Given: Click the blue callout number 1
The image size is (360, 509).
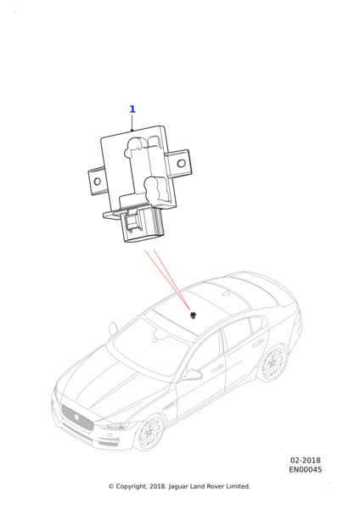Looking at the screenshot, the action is tap(132, 109).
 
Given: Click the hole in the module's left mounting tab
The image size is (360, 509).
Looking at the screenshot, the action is tap(97, 182).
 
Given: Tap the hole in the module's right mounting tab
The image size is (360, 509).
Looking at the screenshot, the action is tap(182, 163).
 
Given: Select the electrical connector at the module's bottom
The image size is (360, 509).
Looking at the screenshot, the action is tap(143, 226).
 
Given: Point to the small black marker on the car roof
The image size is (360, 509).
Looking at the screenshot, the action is tap(194, 315).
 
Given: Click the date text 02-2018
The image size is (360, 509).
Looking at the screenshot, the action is tap(305, 461).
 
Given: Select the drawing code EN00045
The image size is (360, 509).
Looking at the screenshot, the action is tap(306, 470).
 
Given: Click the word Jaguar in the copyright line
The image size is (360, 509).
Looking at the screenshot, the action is tap(178, 487).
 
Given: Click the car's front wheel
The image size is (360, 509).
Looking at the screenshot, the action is tap(150, 433).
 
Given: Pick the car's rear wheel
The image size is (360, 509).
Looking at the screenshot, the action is tap(273, 362).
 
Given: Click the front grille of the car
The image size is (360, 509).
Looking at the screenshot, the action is tap(77, 417).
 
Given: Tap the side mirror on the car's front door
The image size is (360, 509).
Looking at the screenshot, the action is tap(193, 375).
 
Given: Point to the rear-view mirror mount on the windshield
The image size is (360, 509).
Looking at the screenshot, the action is tap(155, 336).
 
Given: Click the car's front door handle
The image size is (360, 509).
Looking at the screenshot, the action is tap(217, 369).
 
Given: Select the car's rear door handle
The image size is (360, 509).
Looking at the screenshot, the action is tap(257, 343).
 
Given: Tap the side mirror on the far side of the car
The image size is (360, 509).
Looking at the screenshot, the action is tap(113, 327).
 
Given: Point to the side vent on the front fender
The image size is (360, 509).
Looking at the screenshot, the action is tap(168, 406).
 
